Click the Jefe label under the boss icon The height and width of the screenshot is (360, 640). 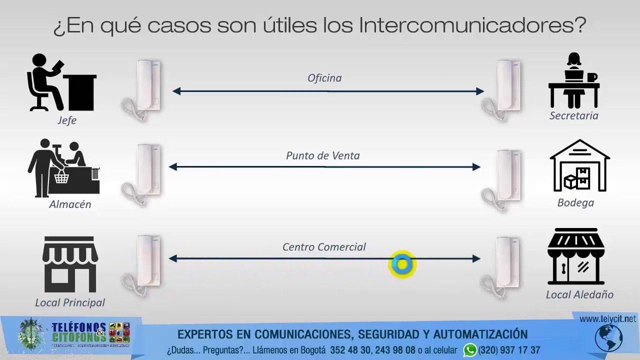coord(66,120)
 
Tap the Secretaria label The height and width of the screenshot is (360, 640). coord(573,115)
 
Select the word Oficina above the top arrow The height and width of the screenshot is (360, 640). coord(324,78)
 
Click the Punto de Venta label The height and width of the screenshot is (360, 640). coord(322,155)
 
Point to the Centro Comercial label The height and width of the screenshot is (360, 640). coord(324,246)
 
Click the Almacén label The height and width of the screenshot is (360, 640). coord(70,204)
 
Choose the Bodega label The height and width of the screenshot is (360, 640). coord(575,202)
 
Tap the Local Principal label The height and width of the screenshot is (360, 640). coord(70,302)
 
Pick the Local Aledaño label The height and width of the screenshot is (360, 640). coord(579,294)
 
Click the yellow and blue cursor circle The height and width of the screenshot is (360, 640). coord(402,264)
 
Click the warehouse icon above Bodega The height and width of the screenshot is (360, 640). coord(579,166)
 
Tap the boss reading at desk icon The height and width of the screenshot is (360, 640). coord(61,82)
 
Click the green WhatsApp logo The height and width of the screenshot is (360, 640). coord(469,350)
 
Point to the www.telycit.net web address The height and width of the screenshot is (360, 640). coord(607,319)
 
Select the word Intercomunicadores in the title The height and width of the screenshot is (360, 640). coord(472,25)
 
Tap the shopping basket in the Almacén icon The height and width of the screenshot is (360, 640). coord(61,176)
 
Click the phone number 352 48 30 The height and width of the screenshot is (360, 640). coord(349,350)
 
